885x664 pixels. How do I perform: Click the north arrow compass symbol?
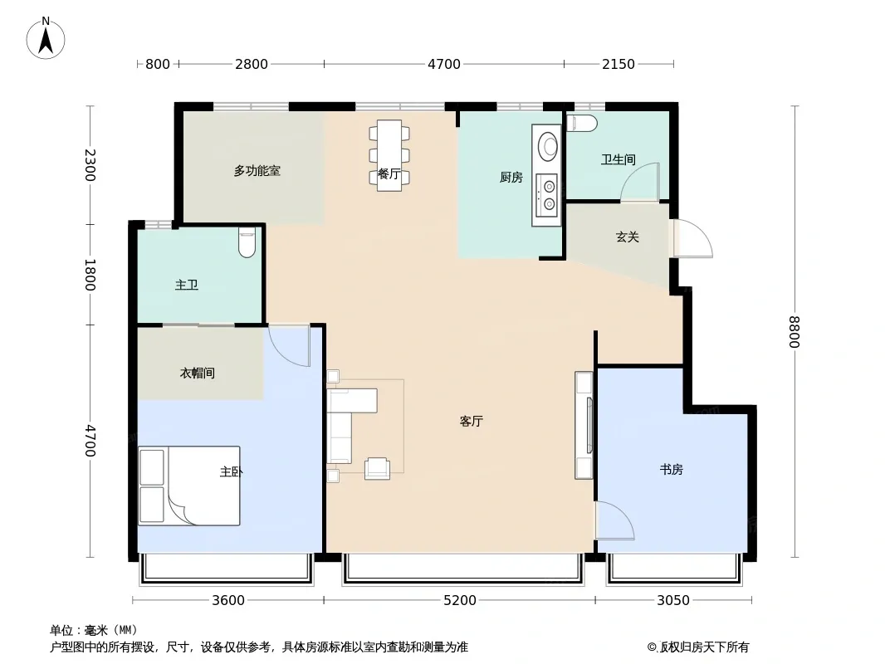(46, 38)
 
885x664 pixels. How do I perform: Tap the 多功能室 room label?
(257, 170)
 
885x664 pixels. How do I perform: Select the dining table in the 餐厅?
(389, 155)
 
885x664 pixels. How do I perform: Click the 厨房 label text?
(511, 177)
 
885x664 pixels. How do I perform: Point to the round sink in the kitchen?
(547, 147)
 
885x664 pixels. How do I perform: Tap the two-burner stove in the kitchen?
(547, 195)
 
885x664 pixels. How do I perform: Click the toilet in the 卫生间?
(581, 123)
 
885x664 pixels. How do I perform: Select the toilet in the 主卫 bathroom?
(247, 242)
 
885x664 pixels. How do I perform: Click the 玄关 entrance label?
(627, 237)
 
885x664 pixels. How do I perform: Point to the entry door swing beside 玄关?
(693, 237)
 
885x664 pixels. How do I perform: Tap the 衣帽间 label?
(197, 373)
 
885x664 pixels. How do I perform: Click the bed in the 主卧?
(189, 486)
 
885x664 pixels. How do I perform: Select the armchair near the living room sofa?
(377, 468)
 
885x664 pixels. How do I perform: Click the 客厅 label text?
(471, 421)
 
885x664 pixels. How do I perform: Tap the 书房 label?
(671, 469)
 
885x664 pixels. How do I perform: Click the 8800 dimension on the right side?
(795, 332)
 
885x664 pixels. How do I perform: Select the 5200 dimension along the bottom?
(459, 600)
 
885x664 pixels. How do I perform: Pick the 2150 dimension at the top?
(618, 64)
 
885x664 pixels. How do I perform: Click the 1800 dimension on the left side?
(89, 275)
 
